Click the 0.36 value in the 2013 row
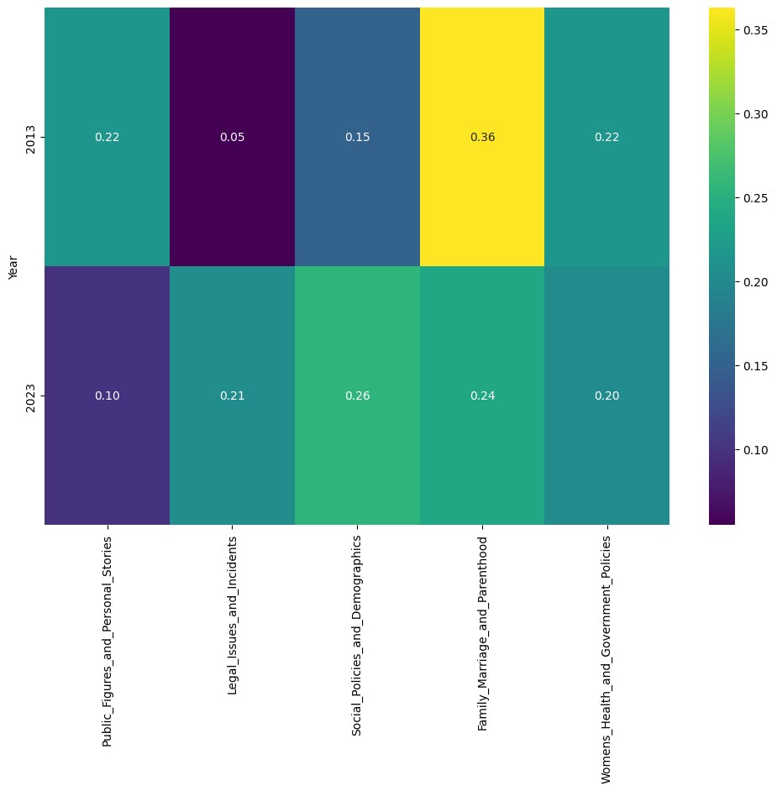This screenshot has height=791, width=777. click(x=482, y=138)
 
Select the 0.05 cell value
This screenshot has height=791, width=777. click(x=232, y=138)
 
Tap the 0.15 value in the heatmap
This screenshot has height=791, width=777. click(x=357, y=138)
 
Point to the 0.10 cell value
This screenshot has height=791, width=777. click(x=107, y=396)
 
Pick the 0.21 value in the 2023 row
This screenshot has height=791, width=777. click(x=232, y=396)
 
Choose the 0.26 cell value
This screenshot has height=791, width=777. click(x=357, y=396)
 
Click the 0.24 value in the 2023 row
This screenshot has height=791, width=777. click(x=482, y=396)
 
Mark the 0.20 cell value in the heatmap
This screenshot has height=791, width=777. click(x=607, y=396)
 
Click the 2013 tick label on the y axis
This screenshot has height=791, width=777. click(x=31, y=137)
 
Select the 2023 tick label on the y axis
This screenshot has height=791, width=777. click(x=31, y=395)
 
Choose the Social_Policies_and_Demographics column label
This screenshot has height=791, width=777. click(x=357, y=618)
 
